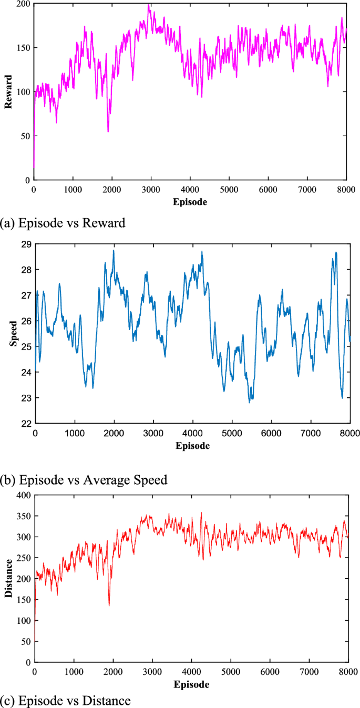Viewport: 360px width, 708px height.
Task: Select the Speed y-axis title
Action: pyautogui.click(x=13, y=333)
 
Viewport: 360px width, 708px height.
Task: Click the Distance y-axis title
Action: pyautogui.click(x=8, y=578)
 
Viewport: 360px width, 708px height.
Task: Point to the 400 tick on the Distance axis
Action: pyautogui.click(x=22, y=495)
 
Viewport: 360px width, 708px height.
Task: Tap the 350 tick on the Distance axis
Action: pyautogui.click(x=22, y=516)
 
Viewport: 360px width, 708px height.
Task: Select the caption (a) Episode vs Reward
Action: pyautogui.click(x=63, y=223)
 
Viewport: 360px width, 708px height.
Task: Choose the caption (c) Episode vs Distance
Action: pyautogui.click(x=66, y=700)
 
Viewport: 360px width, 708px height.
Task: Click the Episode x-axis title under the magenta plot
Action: pyautogui.click(x=190, y=201)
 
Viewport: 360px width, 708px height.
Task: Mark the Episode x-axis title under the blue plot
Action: pyautogui.click(x=192, y=445)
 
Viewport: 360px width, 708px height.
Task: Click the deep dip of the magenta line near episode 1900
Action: pyautogui.click(x=108, y=131)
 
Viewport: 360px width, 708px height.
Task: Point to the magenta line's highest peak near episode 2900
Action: pyautogui.click(x=149, y=5)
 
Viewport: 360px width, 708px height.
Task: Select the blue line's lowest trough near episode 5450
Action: pyautogui.click(x=250, y=403)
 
